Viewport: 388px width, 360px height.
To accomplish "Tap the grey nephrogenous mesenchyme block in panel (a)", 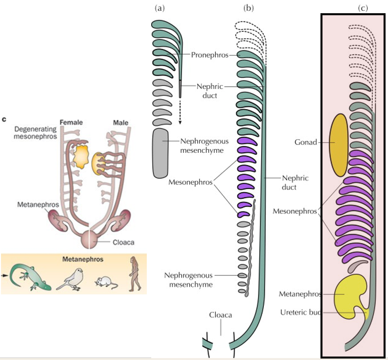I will (160, 153).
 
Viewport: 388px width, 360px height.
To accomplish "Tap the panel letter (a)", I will (160, 8).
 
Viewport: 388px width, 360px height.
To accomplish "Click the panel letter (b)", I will (249, 8).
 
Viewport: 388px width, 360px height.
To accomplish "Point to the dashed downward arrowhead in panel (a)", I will (180, 122).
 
